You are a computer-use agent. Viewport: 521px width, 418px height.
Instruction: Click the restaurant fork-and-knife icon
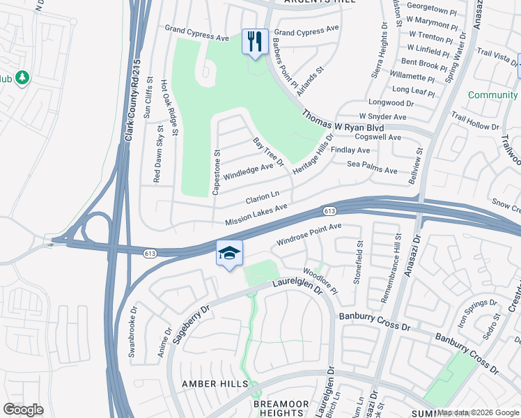point(254,41)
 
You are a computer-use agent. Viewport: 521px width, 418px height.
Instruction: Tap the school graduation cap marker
point(229,254)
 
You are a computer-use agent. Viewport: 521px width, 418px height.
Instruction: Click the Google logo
point(23,410)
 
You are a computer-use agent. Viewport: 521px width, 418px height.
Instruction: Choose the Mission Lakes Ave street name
point(256,215)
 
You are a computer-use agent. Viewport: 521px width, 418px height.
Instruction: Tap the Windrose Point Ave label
point(309,235)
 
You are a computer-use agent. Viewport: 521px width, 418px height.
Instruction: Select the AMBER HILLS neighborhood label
point(215,384)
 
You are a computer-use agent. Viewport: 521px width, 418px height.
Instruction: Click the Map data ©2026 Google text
point(478,412)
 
